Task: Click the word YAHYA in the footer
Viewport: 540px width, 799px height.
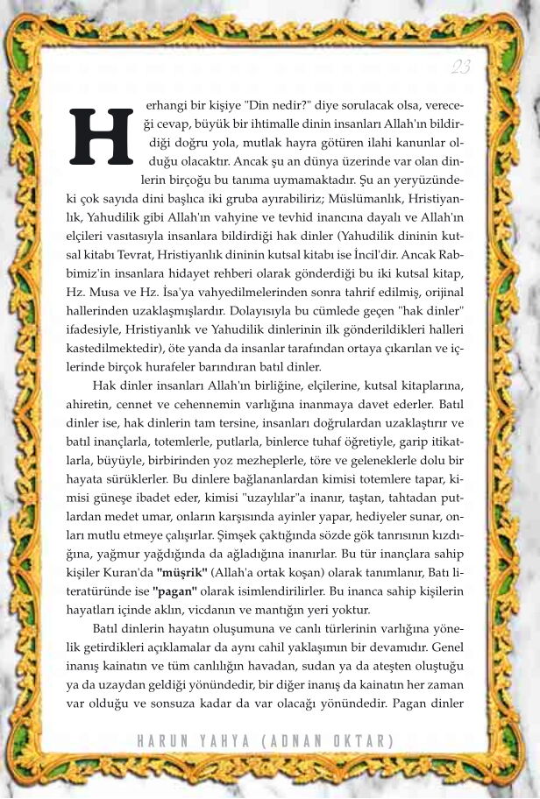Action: [x=223, y=741]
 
